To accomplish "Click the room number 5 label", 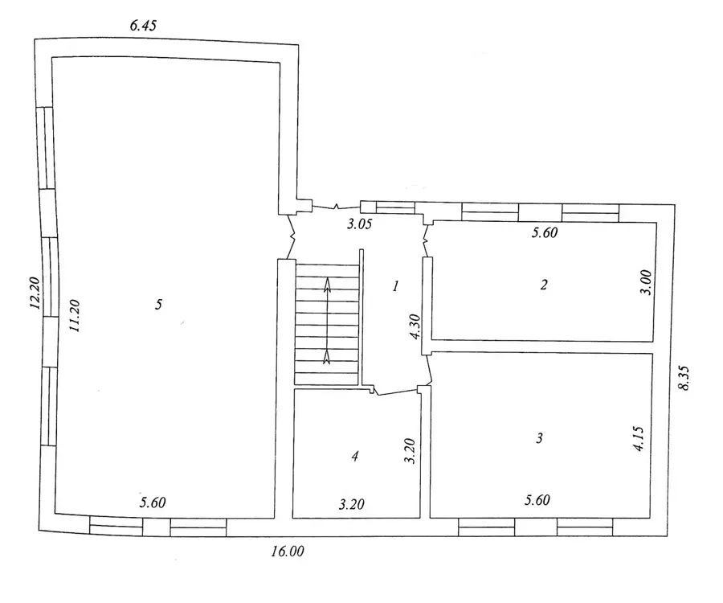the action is click(158, 305).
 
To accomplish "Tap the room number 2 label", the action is click(544, 285).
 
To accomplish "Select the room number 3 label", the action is click(540, 437).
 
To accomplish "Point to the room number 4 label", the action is click(354, 457).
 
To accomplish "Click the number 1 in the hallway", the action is click(395, 286).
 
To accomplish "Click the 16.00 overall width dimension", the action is click(288, 552).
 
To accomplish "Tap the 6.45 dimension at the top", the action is click(143, 26).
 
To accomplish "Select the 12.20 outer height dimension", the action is click(35, 293).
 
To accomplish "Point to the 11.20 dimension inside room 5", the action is click(74, 316).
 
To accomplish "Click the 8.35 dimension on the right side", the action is click(684, 378).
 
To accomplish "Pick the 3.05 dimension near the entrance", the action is click(360, 224).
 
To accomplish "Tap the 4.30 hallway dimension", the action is click(415, 326).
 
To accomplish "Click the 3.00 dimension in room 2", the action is click(647, 282).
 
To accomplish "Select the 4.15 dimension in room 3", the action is click(639, 438).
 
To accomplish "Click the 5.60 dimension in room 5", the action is click(153, 503).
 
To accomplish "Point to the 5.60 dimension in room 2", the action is click(545, 232).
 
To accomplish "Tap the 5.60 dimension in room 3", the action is click(537, 500).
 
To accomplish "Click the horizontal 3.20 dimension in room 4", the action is click(352, 504).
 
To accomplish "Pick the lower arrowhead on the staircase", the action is click(327, 356).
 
